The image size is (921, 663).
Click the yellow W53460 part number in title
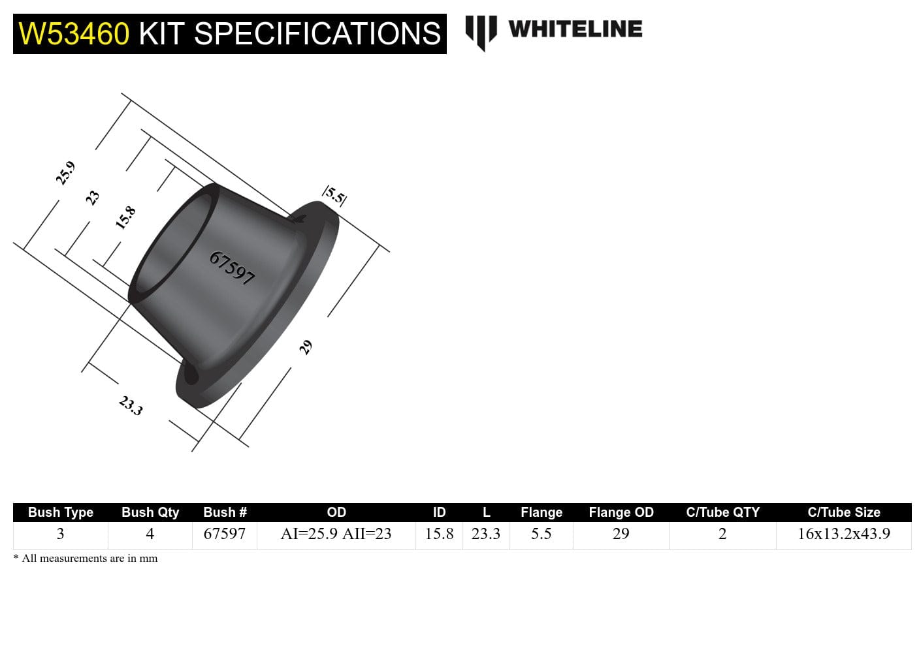(74, 34)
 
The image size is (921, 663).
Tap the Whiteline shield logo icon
(481, 32)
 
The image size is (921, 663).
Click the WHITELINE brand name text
(575, 29)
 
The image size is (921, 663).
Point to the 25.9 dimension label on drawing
(65, 174)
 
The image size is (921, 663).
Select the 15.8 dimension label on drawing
(125, 217)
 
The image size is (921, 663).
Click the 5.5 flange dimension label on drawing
(334, 195)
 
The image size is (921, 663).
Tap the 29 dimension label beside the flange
(305, 347)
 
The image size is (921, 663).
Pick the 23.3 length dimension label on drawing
(131, 406)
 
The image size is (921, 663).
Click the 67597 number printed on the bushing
(232, 268)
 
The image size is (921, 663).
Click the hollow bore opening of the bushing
(173, 248)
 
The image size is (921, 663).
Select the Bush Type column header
(61, 512)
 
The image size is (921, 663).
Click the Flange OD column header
(621, 512)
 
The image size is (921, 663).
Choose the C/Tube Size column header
(843, 512)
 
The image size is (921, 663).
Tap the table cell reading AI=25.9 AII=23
(336, 534)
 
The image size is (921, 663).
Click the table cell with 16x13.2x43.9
(843, 534)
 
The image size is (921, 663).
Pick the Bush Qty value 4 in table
(150, 534)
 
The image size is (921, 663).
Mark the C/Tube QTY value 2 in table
(722, 534)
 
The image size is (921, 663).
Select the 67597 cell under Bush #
(224, 534)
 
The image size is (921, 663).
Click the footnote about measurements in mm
(86, 559)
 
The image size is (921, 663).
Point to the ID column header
(439, 512)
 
